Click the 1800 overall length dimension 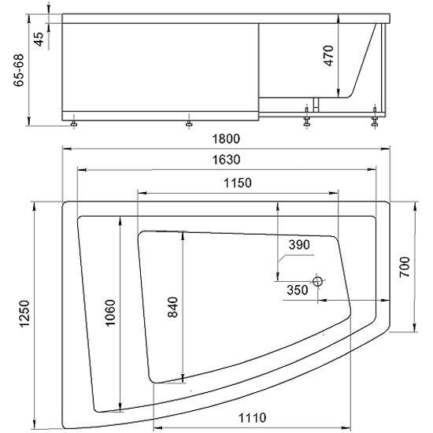(226, 139)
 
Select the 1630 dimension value (226, 160)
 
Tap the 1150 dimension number (238, 183)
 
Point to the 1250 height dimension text (24, 313)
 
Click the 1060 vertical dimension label (110, 313)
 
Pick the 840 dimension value (173, 307)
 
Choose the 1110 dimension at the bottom (252, 417)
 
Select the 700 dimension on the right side (405, 267)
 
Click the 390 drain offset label (299, 245)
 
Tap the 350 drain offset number (297, 290)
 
